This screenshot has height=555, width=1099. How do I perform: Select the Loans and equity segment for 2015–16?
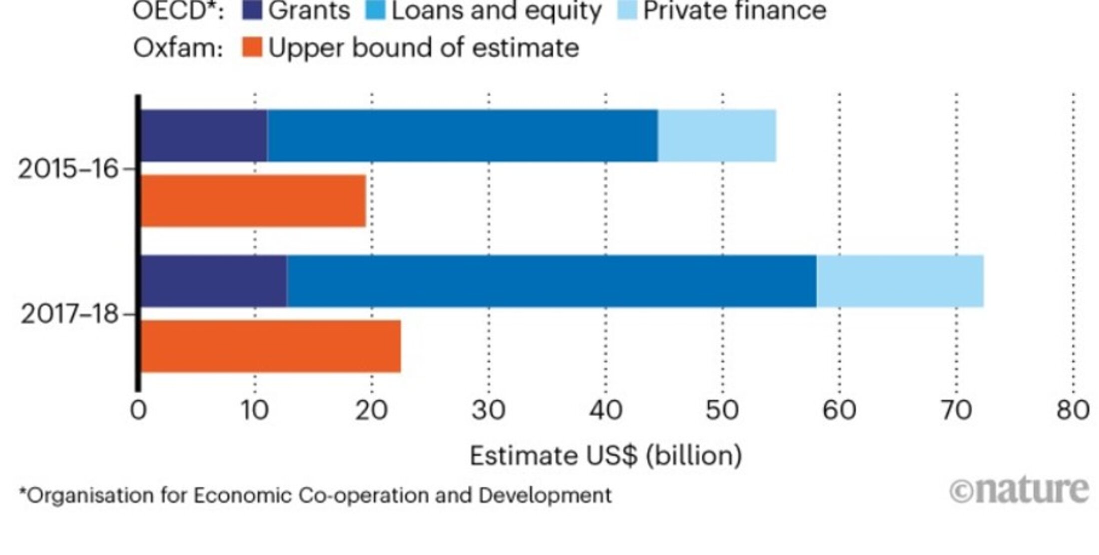[462, 135]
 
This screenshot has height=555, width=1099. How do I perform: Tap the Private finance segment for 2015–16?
[717, 135]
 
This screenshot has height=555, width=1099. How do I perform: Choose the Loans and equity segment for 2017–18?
[551, 280]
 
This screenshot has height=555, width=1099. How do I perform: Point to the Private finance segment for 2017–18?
[900, 280]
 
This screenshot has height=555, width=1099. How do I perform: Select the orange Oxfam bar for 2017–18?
[270, 346]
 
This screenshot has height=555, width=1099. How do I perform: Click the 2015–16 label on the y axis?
[68, 169]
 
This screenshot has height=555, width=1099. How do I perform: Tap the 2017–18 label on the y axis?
[69, 314]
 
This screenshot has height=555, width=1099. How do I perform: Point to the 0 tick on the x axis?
[138, 410]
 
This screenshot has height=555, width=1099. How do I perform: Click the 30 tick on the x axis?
[489, 410]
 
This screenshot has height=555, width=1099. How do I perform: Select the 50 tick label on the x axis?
[722, 410]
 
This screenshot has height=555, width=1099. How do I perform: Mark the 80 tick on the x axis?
[1073, 410]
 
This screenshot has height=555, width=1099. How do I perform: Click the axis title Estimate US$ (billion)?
[605, 455]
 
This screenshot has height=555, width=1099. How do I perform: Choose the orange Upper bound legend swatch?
[252, 47]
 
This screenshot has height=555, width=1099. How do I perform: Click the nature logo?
[1019, 490]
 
